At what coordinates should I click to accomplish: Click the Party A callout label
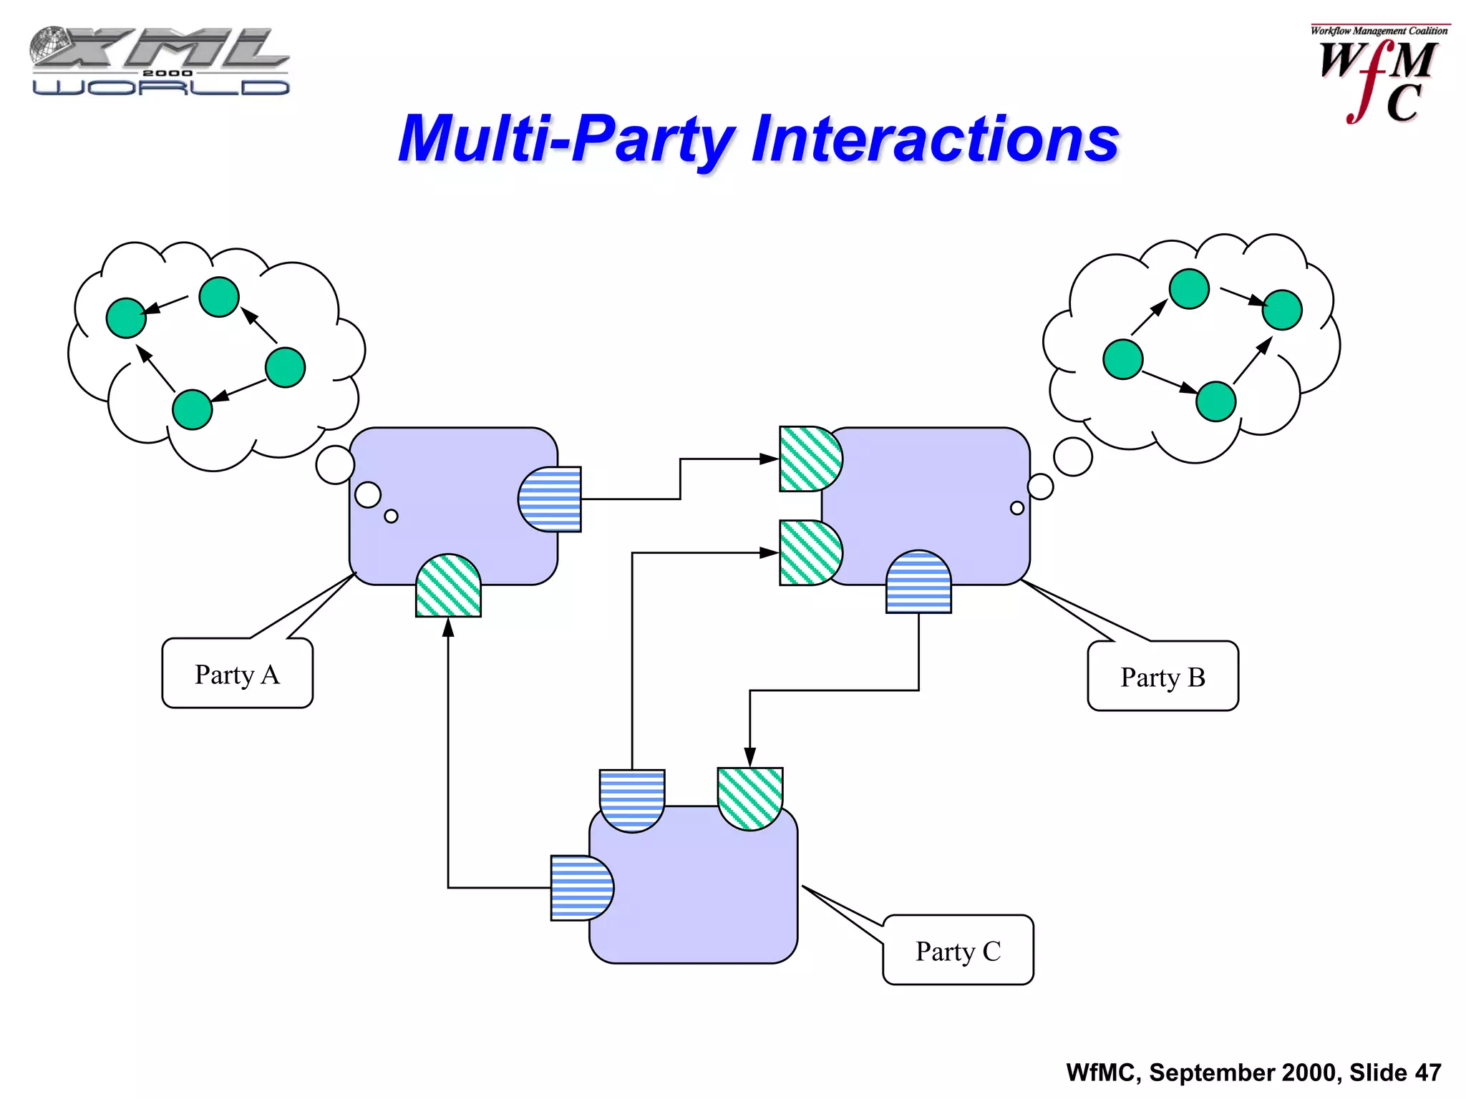point(237,673)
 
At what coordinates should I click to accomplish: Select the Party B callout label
point(1162,676)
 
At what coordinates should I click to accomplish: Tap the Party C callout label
point(958,950)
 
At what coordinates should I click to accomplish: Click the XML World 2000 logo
point(159,62)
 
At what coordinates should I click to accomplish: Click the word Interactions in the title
point(935,139)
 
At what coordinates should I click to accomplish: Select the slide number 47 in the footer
point(1427,1073)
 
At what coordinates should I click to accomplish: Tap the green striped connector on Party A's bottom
point(448,586)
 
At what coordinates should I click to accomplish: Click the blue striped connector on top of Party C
point(632,800)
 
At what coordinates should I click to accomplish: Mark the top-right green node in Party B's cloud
point(1281,310)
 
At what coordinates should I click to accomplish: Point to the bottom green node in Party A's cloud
point(193,409)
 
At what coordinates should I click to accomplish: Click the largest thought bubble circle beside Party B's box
point(1072,456)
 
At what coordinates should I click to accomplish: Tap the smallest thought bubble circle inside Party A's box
point(391,516)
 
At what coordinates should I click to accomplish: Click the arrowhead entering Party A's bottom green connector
point(448,628)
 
